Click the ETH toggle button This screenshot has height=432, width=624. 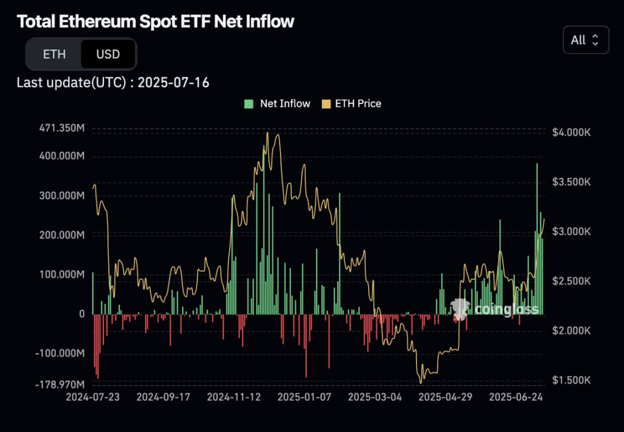[54, 54]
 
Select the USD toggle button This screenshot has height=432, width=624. [108, 54]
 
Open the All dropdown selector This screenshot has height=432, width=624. [585, 40]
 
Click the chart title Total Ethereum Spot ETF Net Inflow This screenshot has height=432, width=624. [155, 21]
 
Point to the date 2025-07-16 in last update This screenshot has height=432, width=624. [173, 83]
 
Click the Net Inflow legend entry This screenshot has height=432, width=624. [277, 103]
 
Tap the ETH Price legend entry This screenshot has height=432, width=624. [351, 103]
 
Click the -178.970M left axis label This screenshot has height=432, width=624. [60, 384]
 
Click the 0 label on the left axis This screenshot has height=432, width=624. [81, 314]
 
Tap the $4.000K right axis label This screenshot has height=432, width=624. [570, 132]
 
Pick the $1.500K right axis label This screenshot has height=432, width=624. [570, 380]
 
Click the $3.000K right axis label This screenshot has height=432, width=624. [570, 231]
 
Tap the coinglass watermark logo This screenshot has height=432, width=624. [495, 310]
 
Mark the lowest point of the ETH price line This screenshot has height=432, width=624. [421, 383]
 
